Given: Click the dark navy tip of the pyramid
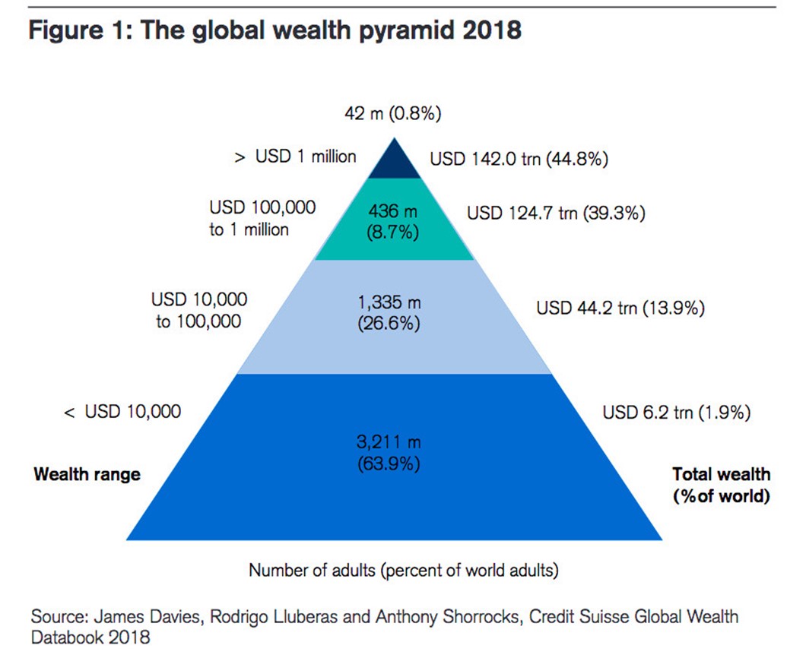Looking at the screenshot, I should pyautogui.click(x=393, y=162).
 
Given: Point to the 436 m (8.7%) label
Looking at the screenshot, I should pyautogui.click(x=393, y=221).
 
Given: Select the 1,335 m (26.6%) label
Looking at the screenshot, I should pyautogui.click(x=389, y=312).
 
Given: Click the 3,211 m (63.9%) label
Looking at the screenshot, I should pyautogui.click(x=389, y=452).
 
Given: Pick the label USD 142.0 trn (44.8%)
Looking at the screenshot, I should pyautogui.click(x=519, y=160).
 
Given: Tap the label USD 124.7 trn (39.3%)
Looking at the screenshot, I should pyautogui.click(x=556, y=213).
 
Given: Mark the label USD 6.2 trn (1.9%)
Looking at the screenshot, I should pyautogui.click(x=677, y=413).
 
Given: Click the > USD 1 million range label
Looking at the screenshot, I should pyautogui.click(x=295, y=157).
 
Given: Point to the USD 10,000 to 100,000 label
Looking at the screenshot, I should pyautogui.click(x=199, y=310).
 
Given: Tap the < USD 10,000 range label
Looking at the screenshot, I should pyautogui.click(x=122, y=412).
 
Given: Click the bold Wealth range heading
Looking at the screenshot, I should pyautogui.click(x=87, y=474).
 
